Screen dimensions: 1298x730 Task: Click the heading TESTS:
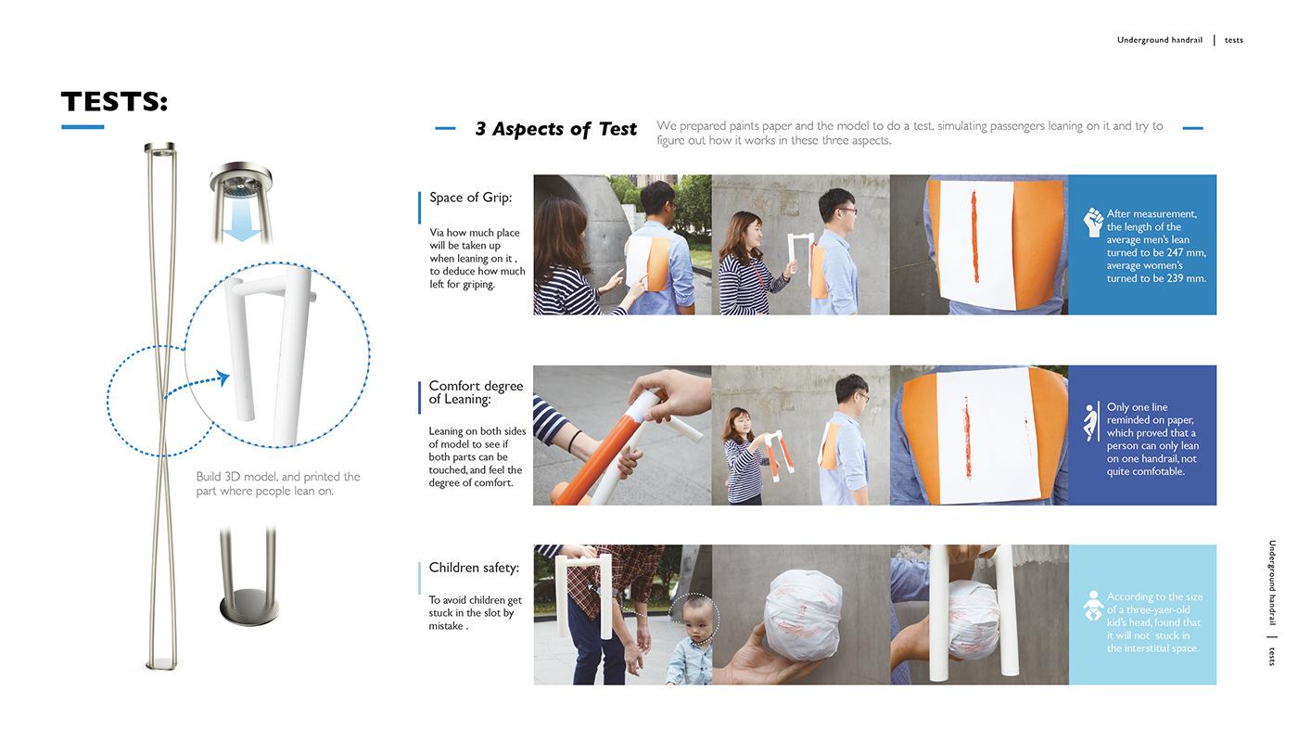coord(115,101)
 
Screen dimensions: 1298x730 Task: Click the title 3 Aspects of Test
coord(555,129)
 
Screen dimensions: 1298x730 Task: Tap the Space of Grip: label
coord(471,198)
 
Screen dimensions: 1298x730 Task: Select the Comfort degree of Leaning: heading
coord(476,392)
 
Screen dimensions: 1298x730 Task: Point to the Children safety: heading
coord(474,568)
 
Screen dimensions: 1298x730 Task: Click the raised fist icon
coord(1093,222)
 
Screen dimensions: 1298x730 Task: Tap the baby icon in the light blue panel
coord(1093,606)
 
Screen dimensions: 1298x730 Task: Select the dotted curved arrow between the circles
coord(197,384)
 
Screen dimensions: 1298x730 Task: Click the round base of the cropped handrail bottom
coord(249,607)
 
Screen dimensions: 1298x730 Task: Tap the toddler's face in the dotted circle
coord(694,621)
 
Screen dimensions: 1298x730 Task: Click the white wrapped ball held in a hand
coord(803,615)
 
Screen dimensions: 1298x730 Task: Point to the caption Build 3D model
coord(277,483)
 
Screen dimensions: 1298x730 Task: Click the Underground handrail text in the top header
coord(1160,40)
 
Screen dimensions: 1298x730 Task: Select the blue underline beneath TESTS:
coord(83,127)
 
